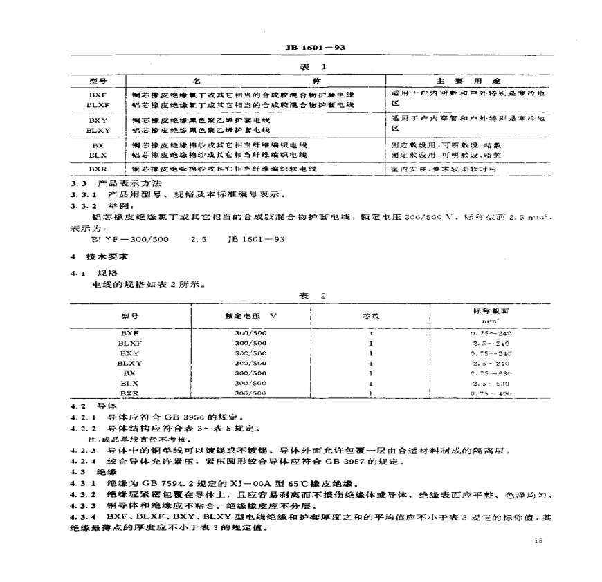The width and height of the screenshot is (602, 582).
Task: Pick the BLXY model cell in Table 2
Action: point(129,363)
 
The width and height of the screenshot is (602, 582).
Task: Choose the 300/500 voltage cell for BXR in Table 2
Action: point(250,393)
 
